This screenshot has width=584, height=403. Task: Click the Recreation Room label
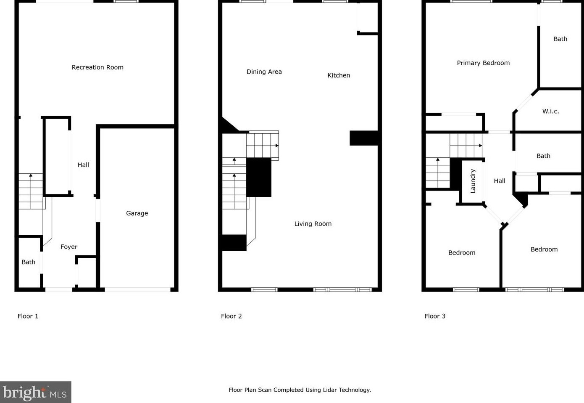tap(97, 67)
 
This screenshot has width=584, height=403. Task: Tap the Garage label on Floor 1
tap(137, 213)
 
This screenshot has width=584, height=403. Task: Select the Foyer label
tap(69, 247)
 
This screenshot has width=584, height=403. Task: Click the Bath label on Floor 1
tap(29, 262)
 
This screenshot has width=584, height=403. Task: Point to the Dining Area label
tap(264, 72)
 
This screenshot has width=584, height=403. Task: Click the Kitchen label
tap(339, 75)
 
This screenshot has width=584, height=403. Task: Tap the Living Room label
tap(313, 224)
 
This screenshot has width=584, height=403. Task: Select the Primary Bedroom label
tap(483, 63)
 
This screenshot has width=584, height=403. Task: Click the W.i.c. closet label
tap(550, 111)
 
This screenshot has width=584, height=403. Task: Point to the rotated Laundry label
tap(473, 181)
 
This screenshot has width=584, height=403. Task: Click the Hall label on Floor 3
tap(500, 181)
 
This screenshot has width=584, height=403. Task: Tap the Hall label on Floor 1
tap(83, 165)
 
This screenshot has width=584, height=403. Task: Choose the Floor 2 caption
tap(231, 316)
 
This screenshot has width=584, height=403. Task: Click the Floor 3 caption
tap(435, 316)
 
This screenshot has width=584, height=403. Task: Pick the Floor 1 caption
tap(28, 316)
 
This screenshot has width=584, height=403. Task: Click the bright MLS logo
tap(35, 392)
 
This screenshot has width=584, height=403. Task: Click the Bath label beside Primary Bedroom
tap(560, 39)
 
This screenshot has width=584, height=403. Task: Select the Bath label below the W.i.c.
tap(543, 156)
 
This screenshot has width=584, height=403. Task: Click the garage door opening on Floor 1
tap(137, 289)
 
